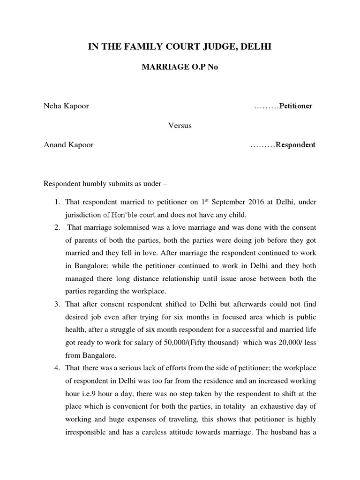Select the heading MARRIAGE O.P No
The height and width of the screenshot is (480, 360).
[180, 67]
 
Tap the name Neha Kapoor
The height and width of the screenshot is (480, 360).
[66, 106]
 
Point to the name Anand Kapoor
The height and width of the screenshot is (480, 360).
[68, 145]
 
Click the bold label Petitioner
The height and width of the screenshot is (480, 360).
[296, 106]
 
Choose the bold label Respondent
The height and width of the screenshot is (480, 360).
[295, 145]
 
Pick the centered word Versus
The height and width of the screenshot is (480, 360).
[180, 126]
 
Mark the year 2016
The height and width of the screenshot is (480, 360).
[253, 202]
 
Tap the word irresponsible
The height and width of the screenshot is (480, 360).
[85, 431]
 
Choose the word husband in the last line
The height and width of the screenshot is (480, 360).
[291, 431]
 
